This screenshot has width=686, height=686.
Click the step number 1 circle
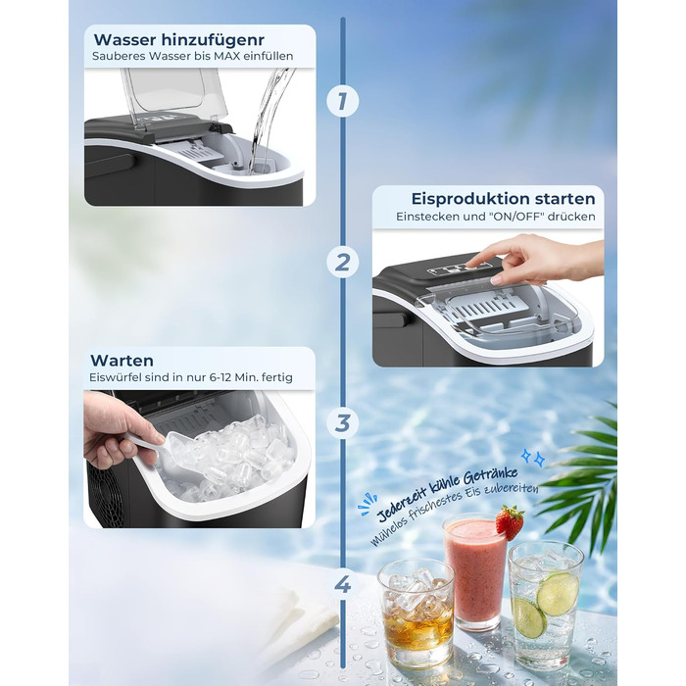pyautogui.click(x=342, y=100)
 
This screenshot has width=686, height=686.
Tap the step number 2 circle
pyautogui.click(x=342, y=262)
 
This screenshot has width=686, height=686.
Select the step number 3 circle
pyautogui.click(x=342, y=423)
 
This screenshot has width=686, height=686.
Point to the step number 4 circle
pyautogui.click(x=342, y=585)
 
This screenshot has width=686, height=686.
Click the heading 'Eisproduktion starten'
pyautogui.click(x=503, y=198)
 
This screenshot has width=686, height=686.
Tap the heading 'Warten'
pyautogui.click(x=122, y=361)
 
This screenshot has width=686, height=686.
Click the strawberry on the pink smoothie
pyautogui.click(x=509, y=521)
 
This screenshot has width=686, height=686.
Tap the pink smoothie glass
pyautogui.click(x=474, y=573)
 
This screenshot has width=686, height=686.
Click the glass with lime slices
pyautogui.click(x=545, y=603)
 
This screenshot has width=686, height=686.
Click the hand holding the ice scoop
pyautogui.click(x=113, y=431)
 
